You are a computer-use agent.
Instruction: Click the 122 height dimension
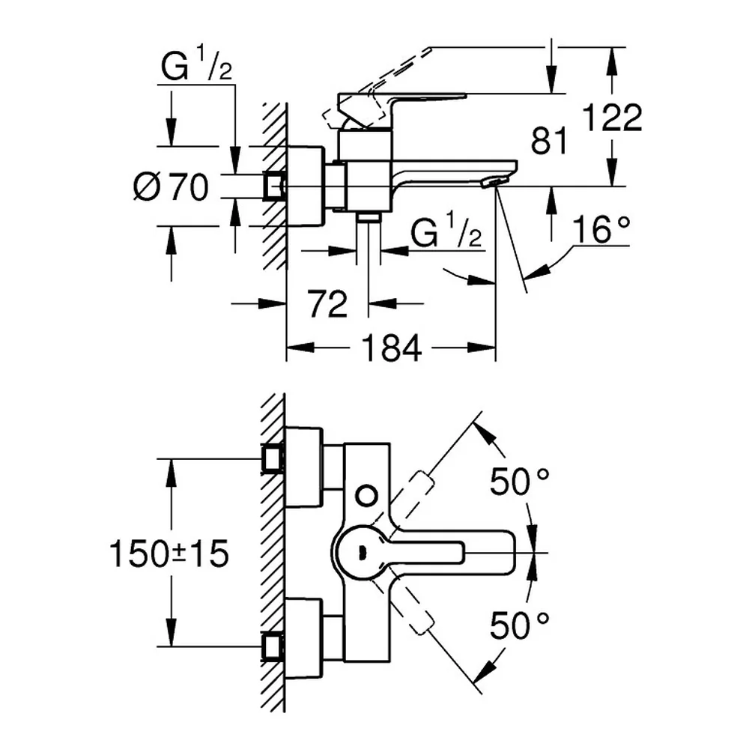point(613,117)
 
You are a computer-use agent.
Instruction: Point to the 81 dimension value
point(549,141)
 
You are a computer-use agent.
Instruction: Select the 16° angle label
point(601,229)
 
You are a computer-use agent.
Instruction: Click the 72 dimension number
point(328,303)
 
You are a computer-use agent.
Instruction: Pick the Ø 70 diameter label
point(171,187)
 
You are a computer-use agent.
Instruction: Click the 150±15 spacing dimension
point(169,554)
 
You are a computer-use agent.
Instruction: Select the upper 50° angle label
point(520,482)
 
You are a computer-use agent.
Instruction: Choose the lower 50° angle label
point(520,625)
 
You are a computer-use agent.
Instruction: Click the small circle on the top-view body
point(367,497)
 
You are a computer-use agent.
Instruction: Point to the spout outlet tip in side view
point(493,182)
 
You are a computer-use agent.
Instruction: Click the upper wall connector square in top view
point(273,458)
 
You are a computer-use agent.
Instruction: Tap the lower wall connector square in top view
point(273,647)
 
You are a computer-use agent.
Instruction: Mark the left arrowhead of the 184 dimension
point(300,348)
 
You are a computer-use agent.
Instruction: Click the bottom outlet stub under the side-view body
point(369,217)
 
